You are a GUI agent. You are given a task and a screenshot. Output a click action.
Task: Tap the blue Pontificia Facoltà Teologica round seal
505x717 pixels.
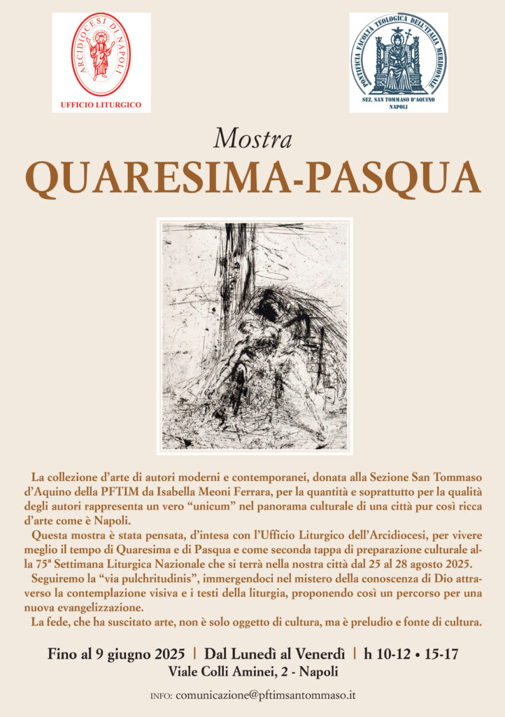(x=398, y=55)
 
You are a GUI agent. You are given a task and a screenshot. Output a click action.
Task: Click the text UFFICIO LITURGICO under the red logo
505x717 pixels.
(x=101, y=105)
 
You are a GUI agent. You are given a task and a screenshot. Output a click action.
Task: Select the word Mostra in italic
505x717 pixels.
(x=252, y=138)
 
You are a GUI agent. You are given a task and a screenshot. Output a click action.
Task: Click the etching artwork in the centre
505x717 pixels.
(x=255, y=335)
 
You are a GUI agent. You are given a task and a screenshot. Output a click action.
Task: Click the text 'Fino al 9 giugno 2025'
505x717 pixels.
(x=121, y=654)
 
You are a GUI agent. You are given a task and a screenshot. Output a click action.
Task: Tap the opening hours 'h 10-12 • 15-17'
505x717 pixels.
(x=411, y=654)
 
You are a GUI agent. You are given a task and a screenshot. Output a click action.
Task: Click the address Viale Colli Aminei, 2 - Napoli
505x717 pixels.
(x=252, y=671)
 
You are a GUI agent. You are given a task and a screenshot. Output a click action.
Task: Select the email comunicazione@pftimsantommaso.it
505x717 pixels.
(x=266, y=695)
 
